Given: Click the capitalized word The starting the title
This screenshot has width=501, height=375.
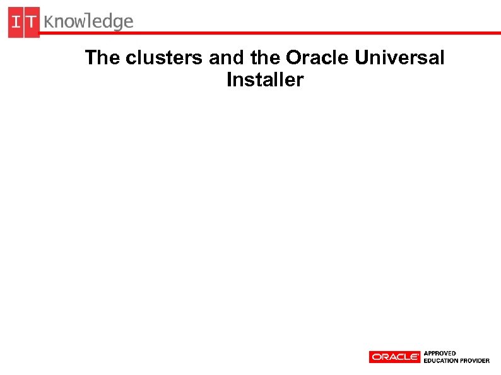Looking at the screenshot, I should [102, 58].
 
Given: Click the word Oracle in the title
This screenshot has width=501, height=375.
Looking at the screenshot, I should [317, 58].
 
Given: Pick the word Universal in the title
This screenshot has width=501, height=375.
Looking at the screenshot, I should [399, 58].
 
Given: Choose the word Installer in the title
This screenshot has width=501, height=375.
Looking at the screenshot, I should [265, 81].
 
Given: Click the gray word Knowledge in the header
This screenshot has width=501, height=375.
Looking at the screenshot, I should [89, 23].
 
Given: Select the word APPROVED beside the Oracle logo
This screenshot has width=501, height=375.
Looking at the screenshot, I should [440, 354].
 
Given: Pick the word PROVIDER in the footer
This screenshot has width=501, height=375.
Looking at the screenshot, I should [475, 361].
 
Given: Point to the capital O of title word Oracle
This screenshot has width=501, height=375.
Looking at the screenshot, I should [293, 58].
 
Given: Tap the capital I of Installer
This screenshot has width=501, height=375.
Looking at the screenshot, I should [228, 81].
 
